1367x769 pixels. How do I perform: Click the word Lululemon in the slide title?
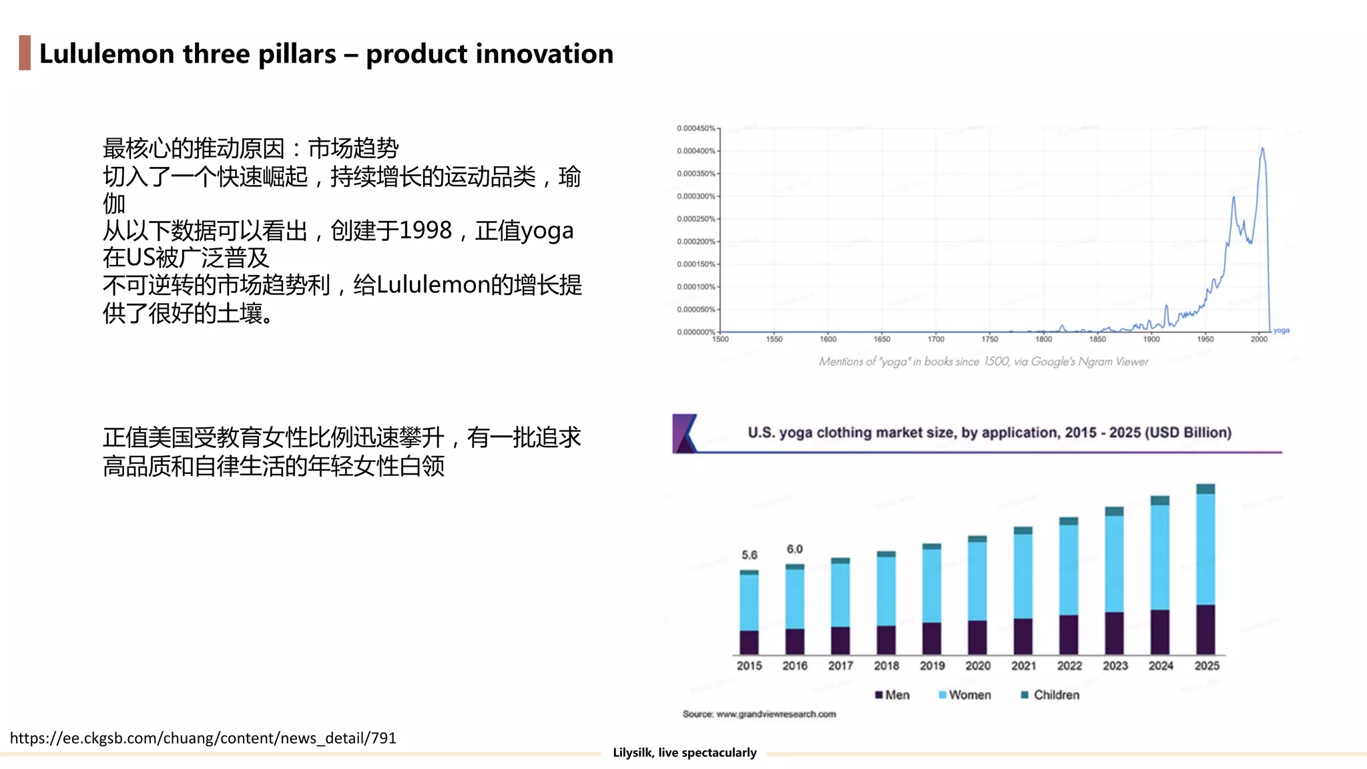click(107, 53)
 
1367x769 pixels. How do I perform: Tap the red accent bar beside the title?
click(25, 53)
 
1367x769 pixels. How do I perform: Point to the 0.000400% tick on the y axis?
click(696, 151)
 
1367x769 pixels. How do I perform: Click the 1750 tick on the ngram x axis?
click(989, 339)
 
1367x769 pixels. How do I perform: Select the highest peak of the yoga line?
click(1262, 150)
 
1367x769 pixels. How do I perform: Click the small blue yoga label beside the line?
click(1281, 330)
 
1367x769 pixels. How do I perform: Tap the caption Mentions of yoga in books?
click(983, 361)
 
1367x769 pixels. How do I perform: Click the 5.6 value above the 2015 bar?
click(749, 555)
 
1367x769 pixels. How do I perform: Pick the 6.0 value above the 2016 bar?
click(794, 549)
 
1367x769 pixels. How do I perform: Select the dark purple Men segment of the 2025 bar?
click(1205, 629)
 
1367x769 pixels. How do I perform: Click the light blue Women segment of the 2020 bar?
click(977, 581)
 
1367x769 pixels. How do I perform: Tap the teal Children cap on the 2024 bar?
click(1160, 500)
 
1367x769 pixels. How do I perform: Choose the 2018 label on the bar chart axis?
click(886, 666)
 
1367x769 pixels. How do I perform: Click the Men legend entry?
click(892, 695)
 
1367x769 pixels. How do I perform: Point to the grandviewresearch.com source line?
click(759, 714)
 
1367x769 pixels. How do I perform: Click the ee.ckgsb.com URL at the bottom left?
click(203, 738)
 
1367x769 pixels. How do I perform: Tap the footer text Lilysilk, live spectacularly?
click(684, 752)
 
